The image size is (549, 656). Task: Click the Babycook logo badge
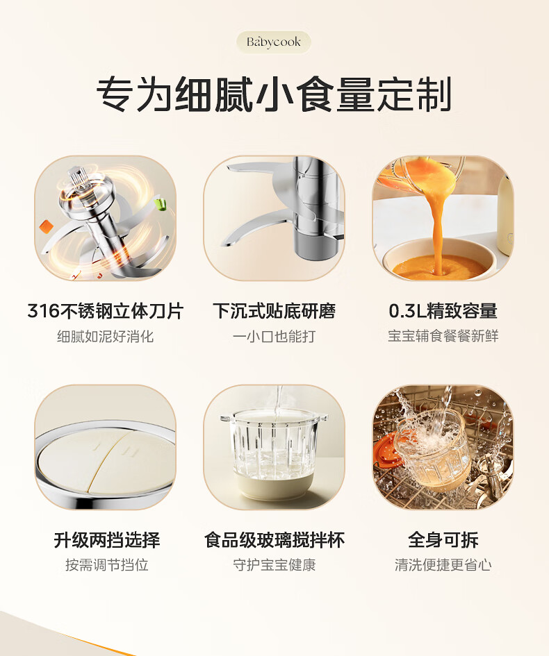click(x=274, y=42)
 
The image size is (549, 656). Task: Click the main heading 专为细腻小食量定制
click(x=274, y=94)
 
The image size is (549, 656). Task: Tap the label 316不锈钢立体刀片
click(x=106, y=311)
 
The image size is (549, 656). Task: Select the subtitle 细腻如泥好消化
click(x=106, y=337)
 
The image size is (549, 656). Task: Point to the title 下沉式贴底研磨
click(x=274, y=311)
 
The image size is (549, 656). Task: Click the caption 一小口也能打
click(x=274, y=337)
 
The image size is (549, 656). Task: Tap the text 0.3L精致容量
click(x=443, y=311)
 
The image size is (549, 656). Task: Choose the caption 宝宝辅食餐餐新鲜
click(x=443, y=337)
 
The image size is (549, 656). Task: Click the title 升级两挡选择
click(x=107, y=539)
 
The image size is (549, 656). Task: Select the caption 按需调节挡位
click(x=107, y=565)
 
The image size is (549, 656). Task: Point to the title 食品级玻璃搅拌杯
click(x=274, y=539)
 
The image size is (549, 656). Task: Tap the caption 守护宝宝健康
click(x=274, y=565)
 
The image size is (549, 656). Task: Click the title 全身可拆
click(x=443, y=539)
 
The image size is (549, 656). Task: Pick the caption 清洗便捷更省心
click(x=443, y=565)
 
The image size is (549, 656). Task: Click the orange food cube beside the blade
click(x=46, y=227)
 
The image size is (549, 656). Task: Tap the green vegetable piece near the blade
click(x=161, y=204)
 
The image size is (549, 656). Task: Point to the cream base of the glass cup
click(x=274, y=487)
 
